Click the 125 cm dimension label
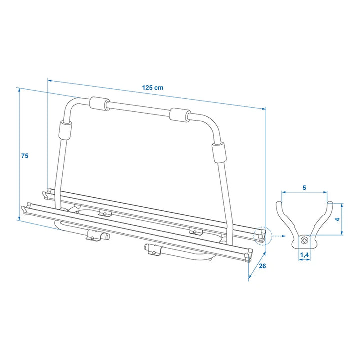coord(152,88)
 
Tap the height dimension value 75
coord(25,156)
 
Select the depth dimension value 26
coord(262,266)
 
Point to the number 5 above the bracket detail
coord(304,188)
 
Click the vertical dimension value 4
coord(337,219)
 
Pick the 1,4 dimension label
coord(304,255)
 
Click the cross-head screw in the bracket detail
coord(305,241)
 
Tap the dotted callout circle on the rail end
coord(263,236)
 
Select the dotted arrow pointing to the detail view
coord(279,236)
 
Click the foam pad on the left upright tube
coord(65,130)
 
